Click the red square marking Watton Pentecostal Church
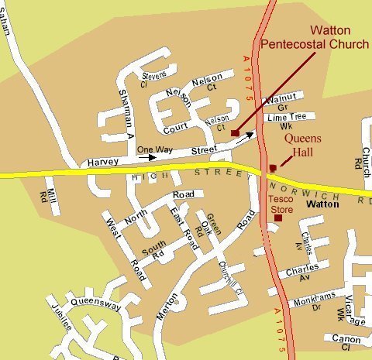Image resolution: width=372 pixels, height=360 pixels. [235, 133]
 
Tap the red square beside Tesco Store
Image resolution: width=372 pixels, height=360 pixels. [278, 218]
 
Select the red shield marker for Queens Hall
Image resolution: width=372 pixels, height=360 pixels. [272, 167]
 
